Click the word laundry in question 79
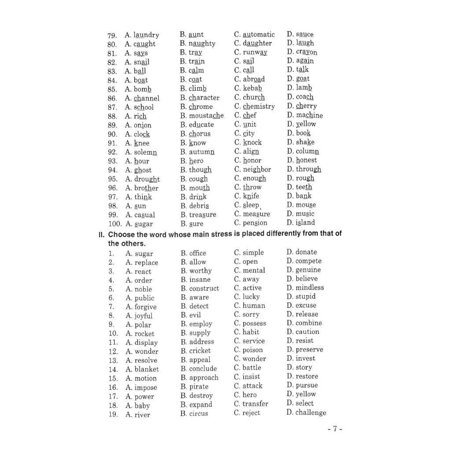[x=146, y=35]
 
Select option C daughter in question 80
[x=257, y=43]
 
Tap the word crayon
[x=307, y=52]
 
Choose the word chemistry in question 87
[x=259, y=106]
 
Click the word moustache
[x=206, y=115]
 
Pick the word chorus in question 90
[x=200, y=133]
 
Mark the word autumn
[x=202, y=152]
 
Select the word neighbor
[x=257, y=170]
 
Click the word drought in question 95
[x=147, y=179]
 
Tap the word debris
[x=199, y=206]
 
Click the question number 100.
[x=114, y=224]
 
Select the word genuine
[x=308, y=270]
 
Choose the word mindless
[x=310, y=288]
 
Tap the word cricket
[x=200, y=351]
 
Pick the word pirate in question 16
[x=199, y=387]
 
